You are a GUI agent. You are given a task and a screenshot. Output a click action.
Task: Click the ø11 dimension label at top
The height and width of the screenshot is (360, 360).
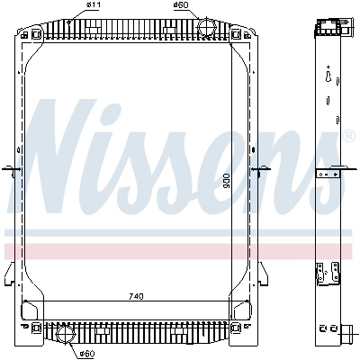tap(94, 4)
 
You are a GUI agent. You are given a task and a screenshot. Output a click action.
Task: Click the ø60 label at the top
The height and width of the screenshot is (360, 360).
tap(181, 4)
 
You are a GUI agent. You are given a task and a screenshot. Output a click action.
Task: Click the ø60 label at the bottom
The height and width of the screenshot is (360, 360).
tap(87, 354)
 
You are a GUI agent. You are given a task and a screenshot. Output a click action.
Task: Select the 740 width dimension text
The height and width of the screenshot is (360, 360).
tap(136, 296)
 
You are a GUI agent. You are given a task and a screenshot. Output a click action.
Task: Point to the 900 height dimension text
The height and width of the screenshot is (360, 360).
tap(227, 181)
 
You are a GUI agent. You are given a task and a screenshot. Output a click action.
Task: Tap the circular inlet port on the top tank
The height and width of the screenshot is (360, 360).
tap(206, 26)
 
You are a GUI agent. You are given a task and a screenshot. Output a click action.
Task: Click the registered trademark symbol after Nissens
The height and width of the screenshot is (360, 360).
tap(348, 136)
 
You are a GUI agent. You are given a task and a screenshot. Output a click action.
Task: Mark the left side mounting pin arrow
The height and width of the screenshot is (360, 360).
tap(12, 169)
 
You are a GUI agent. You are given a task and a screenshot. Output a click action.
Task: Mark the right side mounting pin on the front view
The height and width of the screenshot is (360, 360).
tap(260, 169)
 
